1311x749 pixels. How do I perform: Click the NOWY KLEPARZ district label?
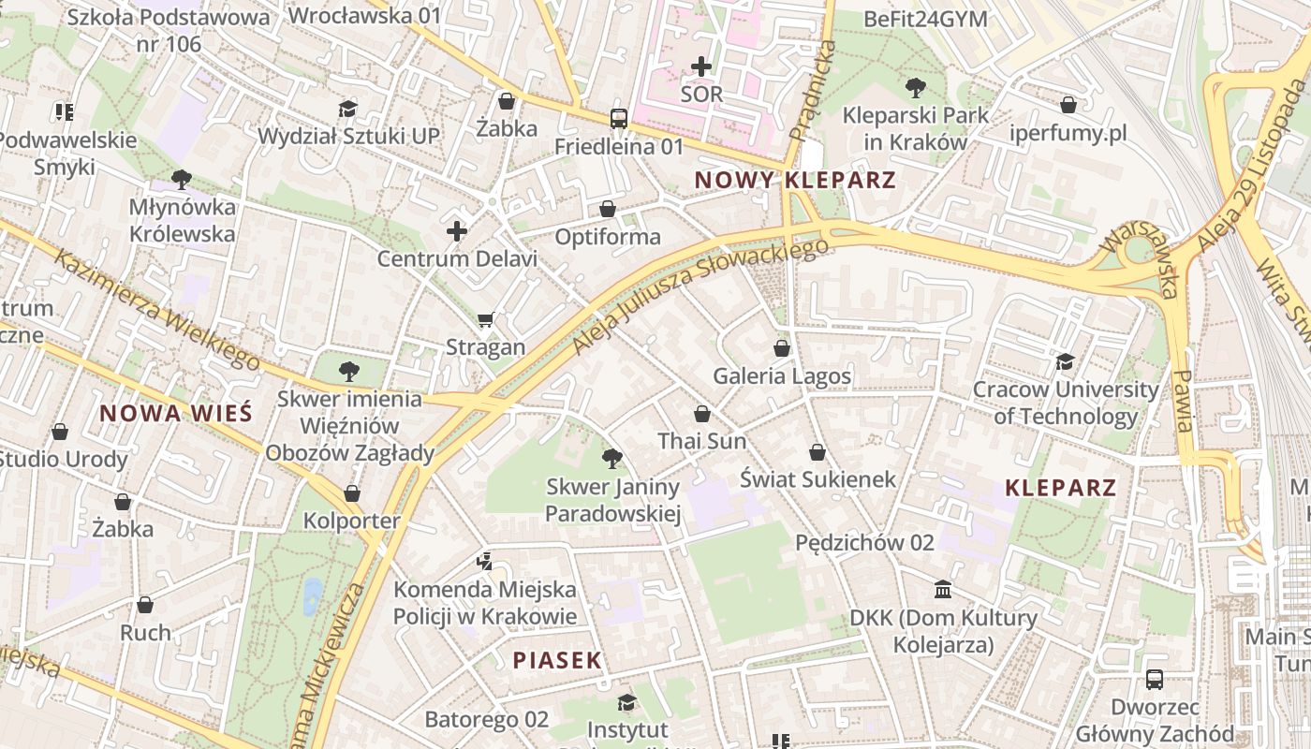(795, 180)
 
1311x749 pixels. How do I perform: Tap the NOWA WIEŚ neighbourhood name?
(176, 413)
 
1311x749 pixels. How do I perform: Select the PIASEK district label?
(557, 660)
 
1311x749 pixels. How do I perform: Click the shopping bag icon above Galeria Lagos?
(782, 348)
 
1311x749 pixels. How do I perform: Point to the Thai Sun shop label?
(701, 441)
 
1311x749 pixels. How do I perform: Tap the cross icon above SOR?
(701, 66)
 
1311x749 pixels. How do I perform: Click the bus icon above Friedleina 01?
(619, 119)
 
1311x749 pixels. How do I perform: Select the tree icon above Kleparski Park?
(915, 88)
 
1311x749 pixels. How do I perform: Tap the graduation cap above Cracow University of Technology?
(1065, 361)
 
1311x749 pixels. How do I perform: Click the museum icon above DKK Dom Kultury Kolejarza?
(943, 590)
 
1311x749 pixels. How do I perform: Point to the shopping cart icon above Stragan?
(485, 320)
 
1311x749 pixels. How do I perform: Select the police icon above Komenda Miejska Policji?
(484, 562)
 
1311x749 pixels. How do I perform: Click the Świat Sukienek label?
(818, 479)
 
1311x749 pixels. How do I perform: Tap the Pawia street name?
(1182, 400)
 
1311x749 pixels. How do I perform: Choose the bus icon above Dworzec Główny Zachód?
(1154, 680)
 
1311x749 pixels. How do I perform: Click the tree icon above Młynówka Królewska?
(182, 179)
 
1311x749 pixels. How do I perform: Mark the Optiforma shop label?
(608, 237)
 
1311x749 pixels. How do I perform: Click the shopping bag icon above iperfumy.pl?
(1068, 105)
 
